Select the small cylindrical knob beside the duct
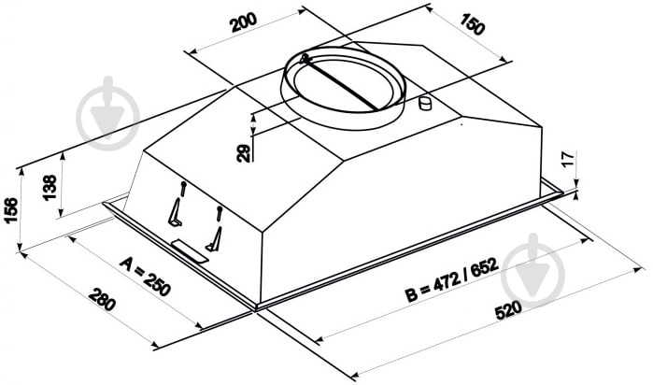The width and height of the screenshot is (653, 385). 426,103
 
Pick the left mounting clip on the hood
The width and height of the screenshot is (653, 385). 177,214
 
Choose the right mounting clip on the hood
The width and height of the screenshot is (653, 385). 216,235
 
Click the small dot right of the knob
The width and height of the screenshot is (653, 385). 461,121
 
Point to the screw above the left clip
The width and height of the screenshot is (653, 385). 184,187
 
